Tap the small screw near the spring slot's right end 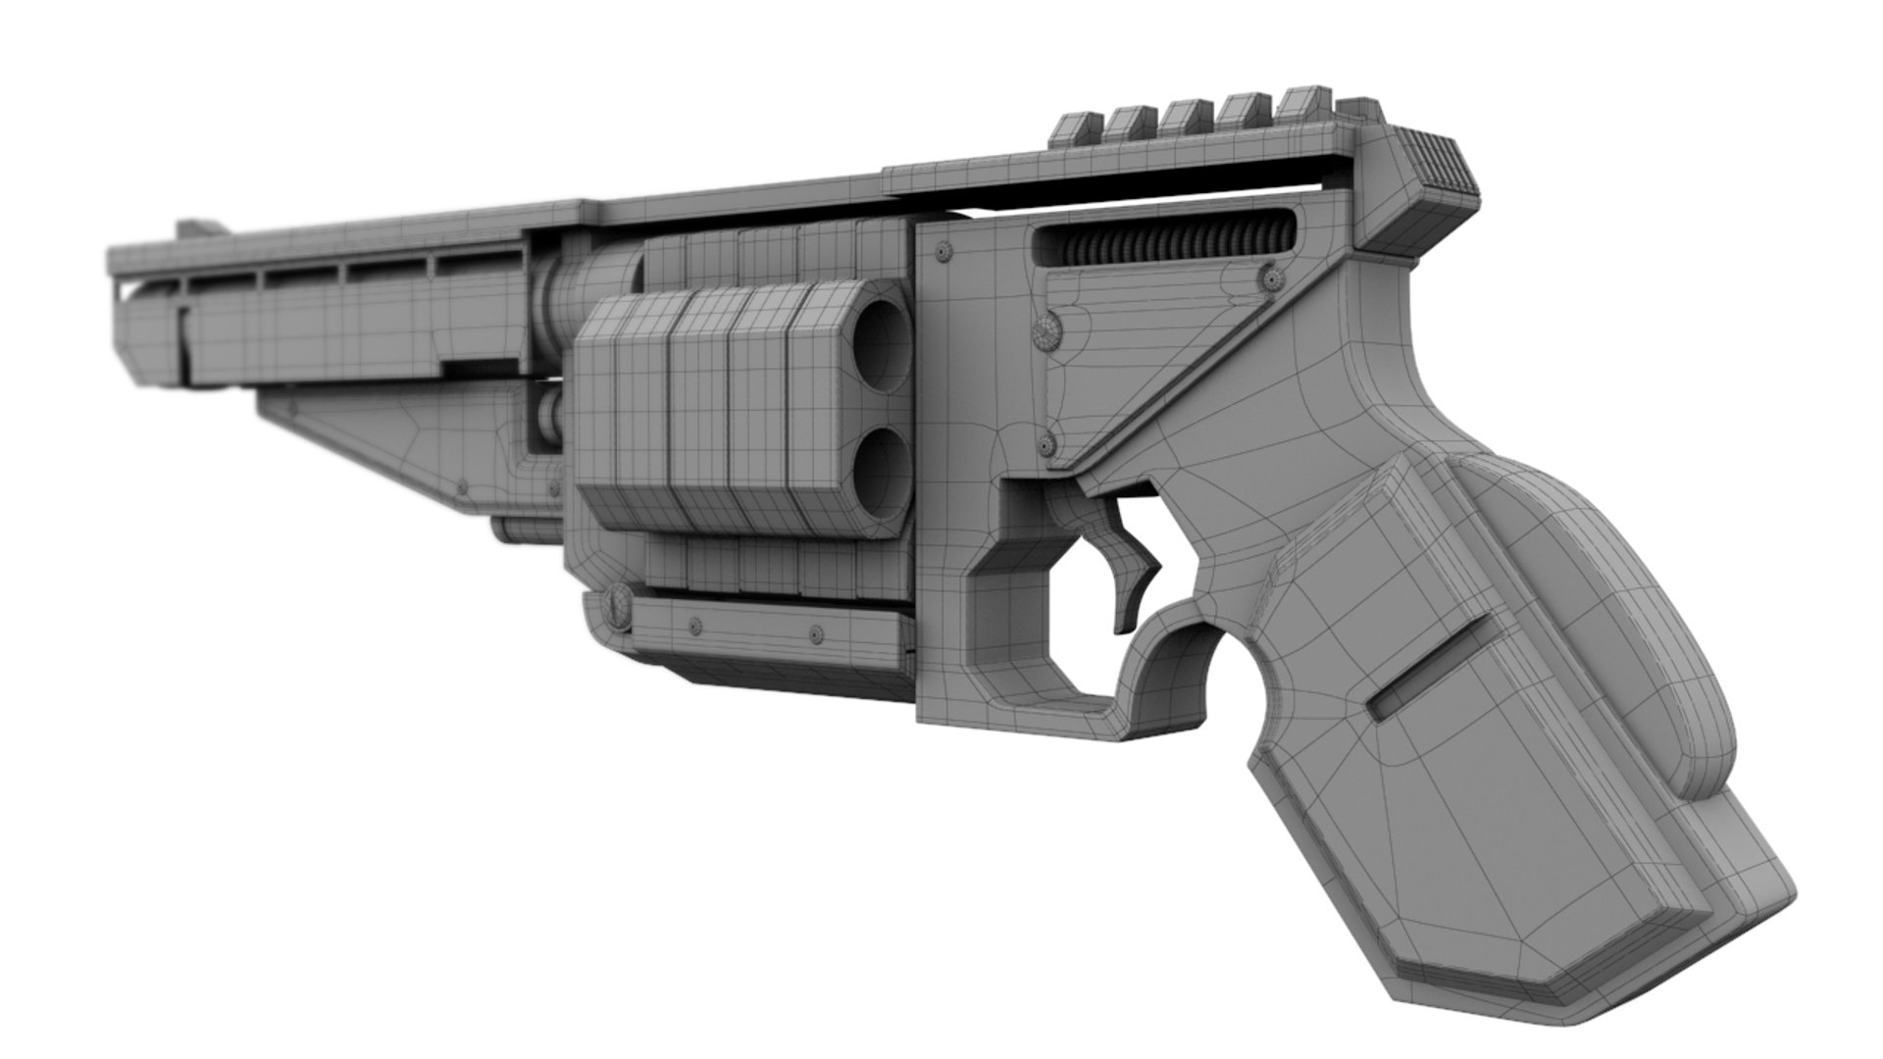1273,278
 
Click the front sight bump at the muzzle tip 200,230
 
